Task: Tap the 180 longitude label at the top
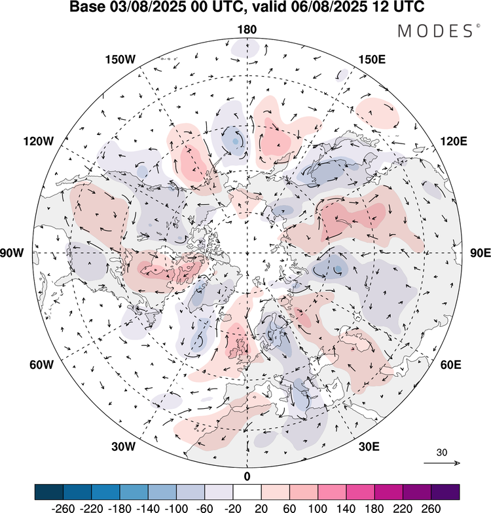tap(247, 30)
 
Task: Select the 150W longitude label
tap(120, 60)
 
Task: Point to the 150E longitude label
tap(373, 60)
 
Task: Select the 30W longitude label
tap(122, 447)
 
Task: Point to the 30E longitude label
tap(370, 447)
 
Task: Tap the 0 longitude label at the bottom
tap(247, 475)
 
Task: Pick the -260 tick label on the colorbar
tap(49, 506)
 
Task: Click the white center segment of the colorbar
tap(247, 491)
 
